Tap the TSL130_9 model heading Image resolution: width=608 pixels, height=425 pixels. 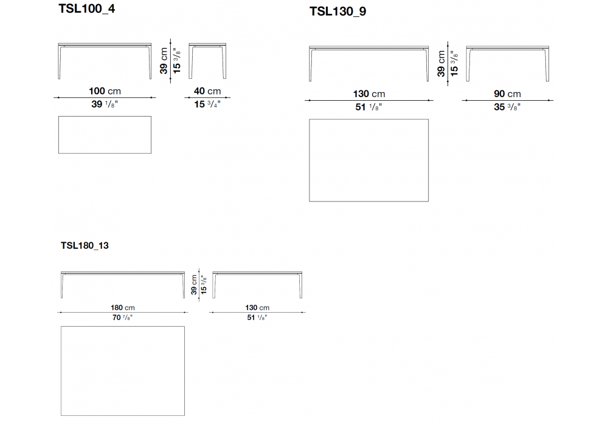[x=337, y=11]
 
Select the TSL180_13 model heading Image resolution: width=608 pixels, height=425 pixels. [x=85, y=246]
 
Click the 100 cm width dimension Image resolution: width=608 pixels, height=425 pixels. [x=105, y=91]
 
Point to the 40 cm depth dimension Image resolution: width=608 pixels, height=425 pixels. [x=207, y=91]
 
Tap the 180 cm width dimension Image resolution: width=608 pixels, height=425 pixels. [x=122, y=308]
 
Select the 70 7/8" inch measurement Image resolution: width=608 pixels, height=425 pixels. [x=122, y=317]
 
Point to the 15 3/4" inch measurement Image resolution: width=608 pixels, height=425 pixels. [x=207, y=104]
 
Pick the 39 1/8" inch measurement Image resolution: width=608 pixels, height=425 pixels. [x=105, y=104]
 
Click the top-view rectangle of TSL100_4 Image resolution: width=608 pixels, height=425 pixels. [x=105, y=134]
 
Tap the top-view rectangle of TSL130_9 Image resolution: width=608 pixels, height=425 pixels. [x=368, y=160]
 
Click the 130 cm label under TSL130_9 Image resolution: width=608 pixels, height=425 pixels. [x=369, y=93]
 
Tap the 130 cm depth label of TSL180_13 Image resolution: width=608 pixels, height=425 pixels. [x=258, y=308]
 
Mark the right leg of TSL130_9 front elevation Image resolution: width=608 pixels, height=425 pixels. [x=425, y=64]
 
